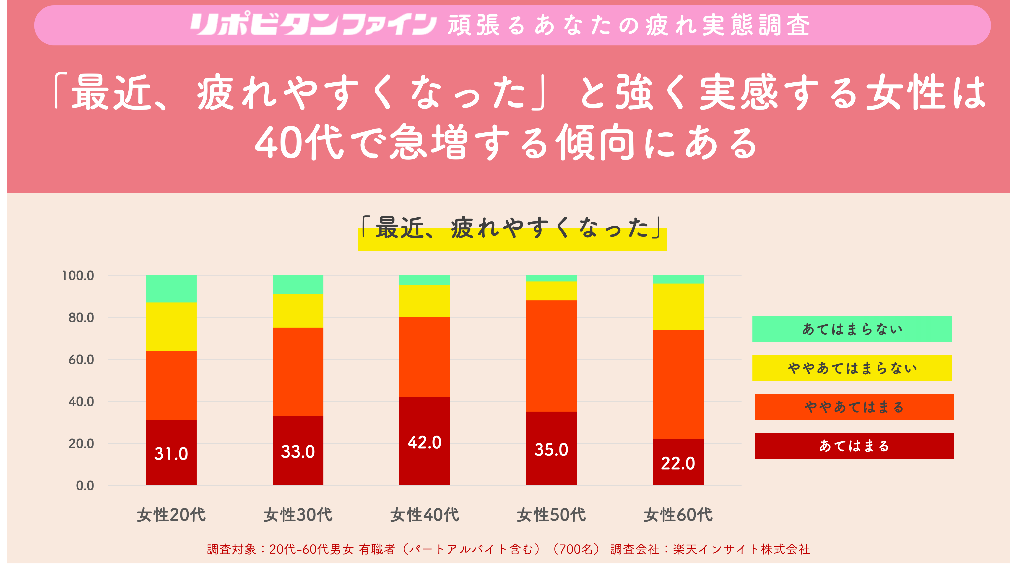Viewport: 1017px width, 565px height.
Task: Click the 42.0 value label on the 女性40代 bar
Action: pos(424,442)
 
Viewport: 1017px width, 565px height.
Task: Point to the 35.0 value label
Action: pos(551,450)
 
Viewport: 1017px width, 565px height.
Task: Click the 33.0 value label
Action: pos(298,452)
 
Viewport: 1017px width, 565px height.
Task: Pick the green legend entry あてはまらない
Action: pos(852,329)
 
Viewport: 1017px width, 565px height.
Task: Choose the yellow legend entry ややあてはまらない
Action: pos(852,368)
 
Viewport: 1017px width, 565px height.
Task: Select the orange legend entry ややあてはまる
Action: pos(854,407)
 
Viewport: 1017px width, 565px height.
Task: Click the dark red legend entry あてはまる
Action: pos(854,446)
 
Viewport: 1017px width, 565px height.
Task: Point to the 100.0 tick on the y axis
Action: pos(78,275)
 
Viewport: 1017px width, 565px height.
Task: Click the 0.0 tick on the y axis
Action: pos(85,486)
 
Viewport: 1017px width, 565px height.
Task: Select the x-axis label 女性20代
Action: pos(171,515)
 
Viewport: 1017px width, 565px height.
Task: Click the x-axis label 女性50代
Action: pos(551,515)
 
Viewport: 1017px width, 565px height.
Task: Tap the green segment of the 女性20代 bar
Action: pos(171,289)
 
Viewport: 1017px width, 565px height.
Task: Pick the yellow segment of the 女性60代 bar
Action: pos(678,307)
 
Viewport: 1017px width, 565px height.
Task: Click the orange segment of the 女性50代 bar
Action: pos(551,356)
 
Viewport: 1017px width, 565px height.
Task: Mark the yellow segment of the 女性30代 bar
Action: pos(298,310)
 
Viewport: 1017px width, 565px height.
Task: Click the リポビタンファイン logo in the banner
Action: pos(313,24)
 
